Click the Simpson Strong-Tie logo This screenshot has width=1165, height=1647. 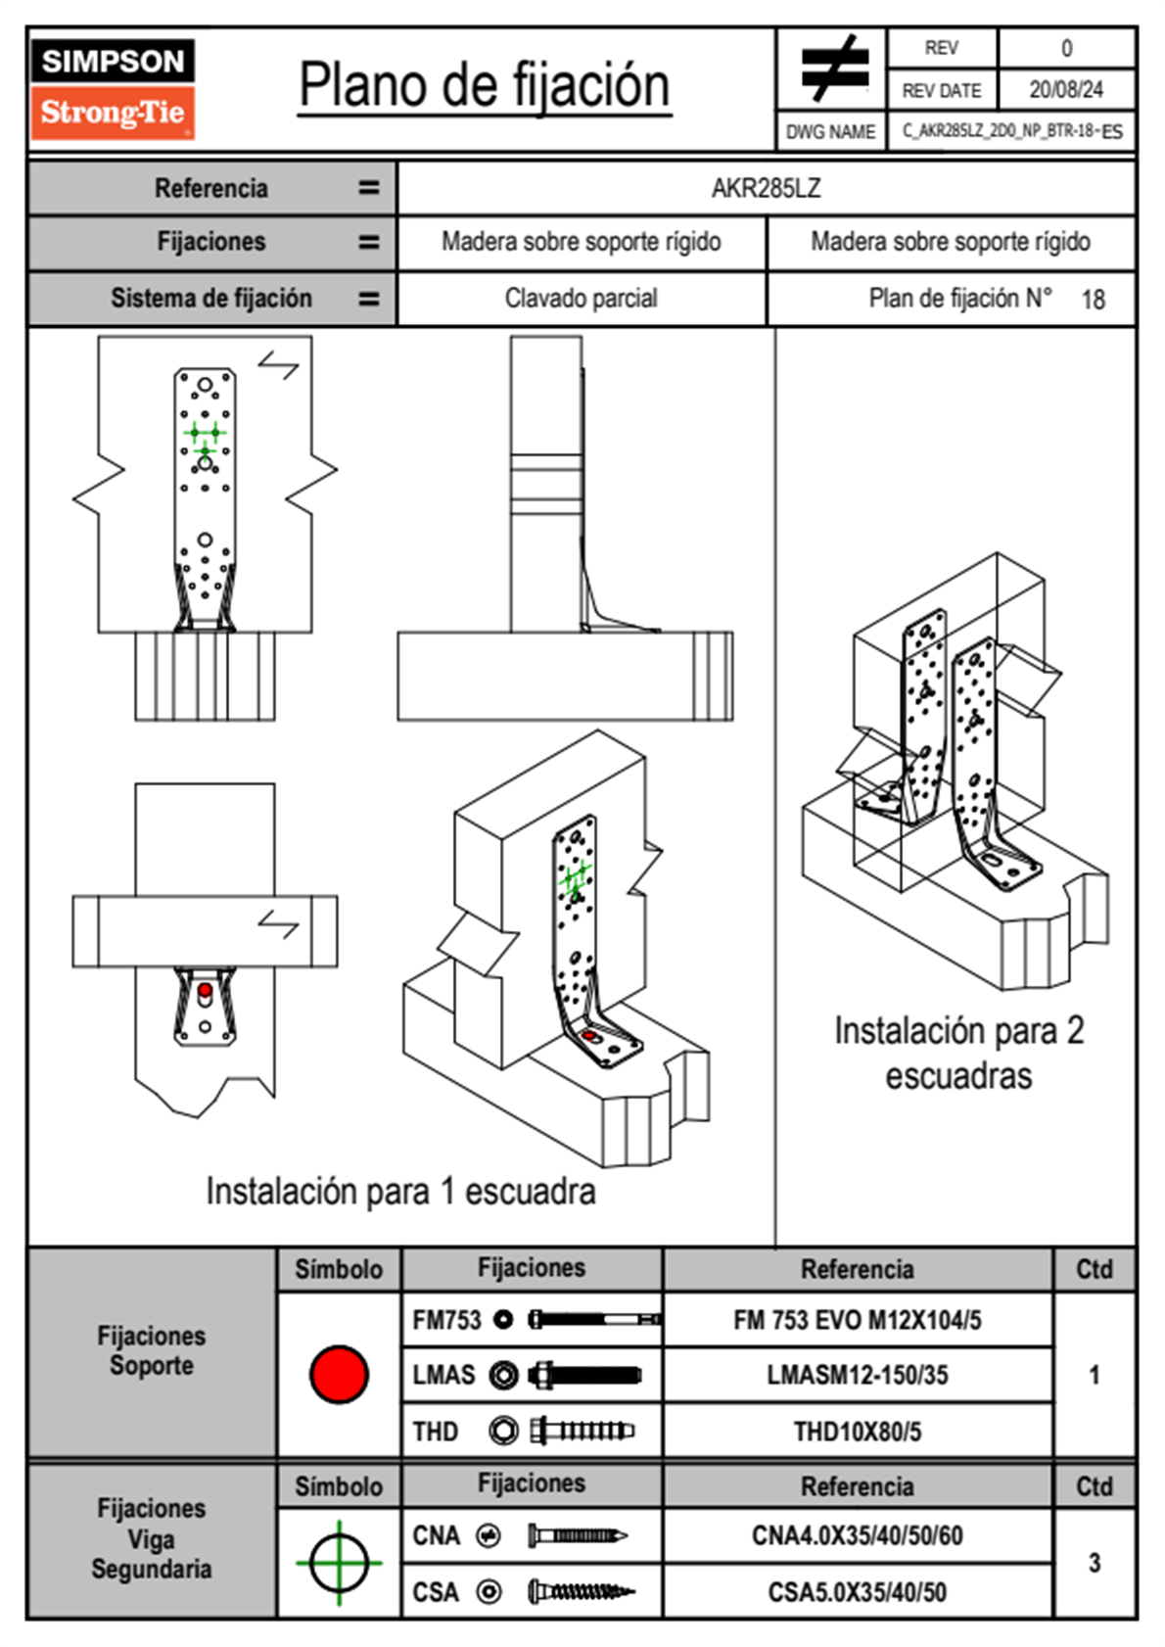pyautogui.click(x=113, y=89)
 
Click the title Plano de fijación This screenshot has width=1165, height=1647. pyautogui.click(x=485, y=86)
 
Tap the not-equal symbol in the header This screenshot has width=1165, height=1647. pyautogui.click(x=833, y=69)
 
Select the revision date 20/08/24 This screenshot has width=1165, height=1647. pyautogui.click(x=1065, y=90)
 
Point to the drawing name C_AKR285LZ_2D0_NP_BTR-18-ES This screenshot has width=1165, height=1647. pyautogui.click(x=1011, y=131)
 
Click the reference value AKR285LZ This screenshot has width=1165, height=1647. pyautogui.click(x=766, y=188)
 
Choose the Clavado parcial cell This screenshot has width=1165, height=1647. pyautogui.click(x=581, y=298)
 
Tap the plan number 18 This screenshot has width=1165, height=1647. pyautogui.click(x=1093, y=300)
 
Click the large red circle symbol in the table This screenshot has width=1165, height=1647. pyautogui.click(x=339, y=1374)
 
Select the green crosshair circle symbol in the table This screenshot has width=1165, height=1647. pyautogui.click(x=339, y=1563)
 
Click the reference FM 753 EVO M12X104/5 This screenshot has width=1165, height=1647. pyautogui.click(x=857, y=1320)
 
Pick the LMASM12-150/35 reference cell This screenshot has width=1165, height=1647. pyautogui.click(x=857, y=1375)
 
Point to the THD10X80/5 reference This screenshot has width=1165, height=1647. pyautogui.click(x=857, y=1432)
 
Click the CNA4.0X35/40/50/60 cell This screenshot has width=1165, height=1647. pyautogui.click(x=857, y=1535)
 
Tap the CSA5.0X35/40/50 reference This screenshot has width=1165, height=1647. pyautogui.click(x=857, y=1592)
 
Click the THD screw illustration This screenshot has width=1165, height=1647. pyautogui.click(x=581, y=1431)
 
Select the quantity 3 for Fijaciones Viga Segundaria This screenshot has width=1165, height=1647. pyautogui.click(x=1094, y=1563)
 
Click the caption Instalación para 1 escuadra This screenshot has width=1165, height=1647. pyautogui.click(x=400, y=1191)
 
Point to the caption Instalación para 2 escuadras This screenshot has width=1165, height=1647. pyautogui.click(x=958, y=1053)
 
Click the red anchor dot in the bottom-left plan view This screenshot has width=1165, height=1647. pyautogui.click(x=205, y=991)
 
